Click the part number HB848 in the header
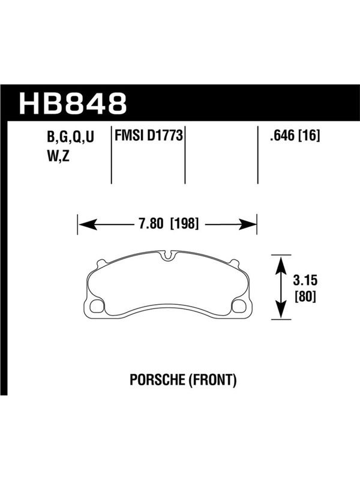tap(73, 103)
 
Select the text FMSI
tap(129, 136)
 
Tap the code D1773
tap(165, 136)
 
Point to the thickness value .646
tap(282, 136)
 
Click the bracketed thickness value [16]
tap(309, 136)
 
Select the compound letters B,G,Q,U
tap(70, 137)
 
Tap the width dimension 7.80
tap(151, 224)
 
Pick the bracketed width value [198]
tap(185, 224)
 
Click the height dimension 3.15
tap(305, 280)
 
